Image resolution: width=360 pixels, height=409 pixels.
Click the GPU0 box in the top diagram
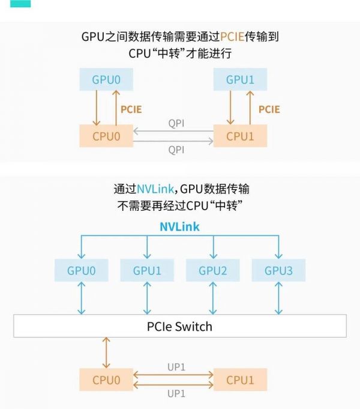(106, 79)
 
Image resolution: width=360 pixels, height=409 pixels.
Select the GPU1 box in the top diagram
(240, 79)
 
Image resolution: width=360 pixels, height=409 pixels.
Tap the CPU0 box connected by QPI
(106, 136)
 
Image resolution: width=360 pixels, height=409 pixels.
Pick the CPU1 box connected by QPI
(240, 136)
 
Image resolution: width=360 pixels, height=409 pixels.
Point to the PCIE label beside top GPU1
(269, 109)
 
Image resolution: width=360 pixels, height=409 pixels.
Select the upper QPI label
(176, 123)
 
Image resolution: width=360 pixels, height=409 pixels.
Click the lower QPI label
(176, 150)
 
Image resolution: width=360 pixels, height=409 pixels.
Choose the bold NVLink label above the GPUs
(179, 227)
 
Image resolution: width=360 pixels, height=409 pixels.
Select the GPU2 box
(213, 270)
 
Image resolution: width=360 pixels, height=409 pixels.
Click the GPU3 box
(279, 270)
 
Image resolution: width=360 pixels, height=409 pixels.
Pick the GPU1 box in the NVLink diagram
(147, 270)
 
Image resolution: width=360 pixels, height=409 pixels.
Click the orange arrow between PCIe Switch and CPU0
(107, 353)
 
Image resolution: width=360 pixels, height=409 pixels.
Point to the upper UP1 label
(176, 367)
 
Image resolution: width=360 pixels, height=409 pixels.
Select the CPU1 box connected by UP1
(240, 380)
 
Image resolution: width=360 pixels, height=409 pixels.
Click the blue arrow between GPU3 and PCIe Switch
(278, 298)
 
